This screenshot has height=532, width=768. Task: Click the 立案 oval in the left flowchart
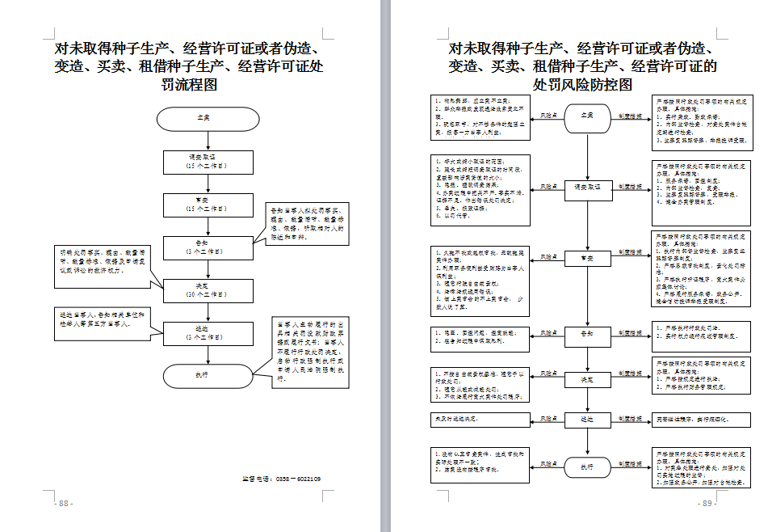(208, 119)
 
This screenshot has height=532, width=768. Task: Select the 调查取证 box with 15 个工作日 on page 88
(208, 162)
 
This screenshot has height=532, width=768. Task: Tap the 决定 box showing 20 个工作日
(208, 289)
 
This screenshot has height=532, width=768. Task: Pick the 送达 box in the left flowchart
(208, 331)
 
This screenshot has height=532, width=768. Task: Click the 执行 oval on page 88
(208, 375)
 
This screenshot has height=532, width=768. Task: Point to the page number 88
(63, 503)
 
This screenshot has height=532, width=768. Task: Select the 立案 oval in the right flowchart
(589, 118)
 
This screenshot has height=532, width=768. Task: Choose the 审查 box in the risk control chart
(589, 259)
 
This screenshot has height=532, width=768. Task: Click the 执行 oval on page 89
(589, 467)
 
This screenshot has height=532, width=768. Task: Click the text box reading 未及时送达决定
(480, 420)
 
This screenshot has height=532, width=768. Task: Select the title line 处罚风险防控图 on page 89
(581, 84)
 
